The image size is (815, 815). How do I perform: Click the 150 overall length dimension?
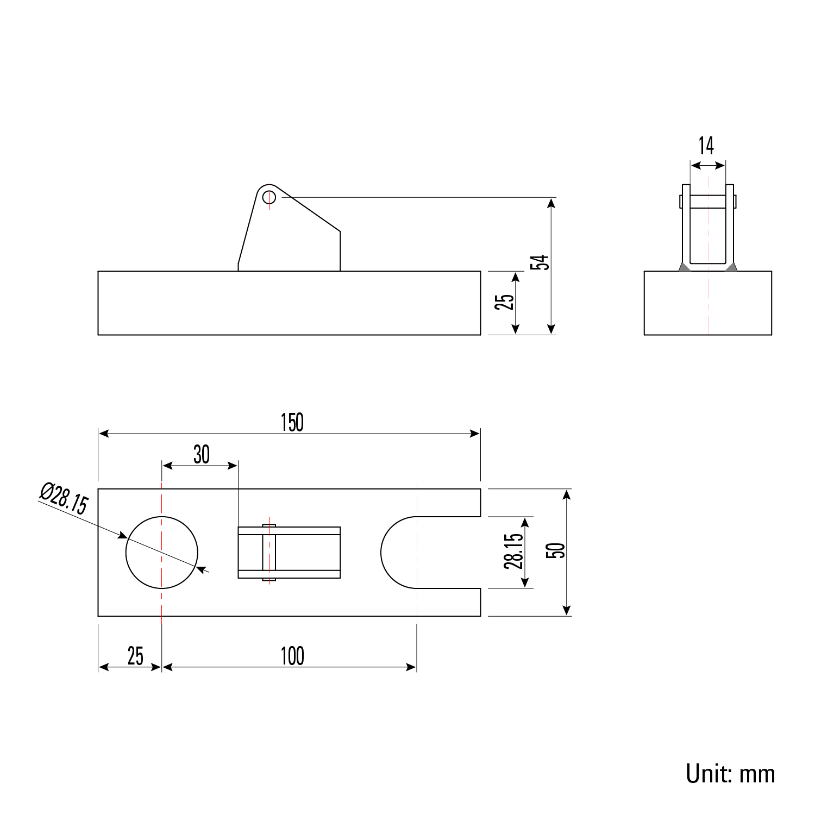coord(292,423)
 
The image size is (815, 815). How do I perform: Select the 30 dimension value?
coord(201,455)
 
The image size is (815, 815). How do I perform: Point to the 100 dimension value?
coord(292,656)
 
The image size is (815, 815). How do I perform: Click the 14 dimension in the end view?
coord(706,146)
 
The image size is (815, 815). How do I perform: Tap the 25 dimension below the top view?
coord(135,656)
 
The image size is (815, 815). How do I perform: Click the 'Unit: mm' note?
coord(730,773)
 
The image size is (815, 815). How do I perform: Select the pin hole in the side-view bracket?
coord(268,196)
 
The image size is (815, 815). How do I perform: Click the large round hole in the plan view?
coord(162,552)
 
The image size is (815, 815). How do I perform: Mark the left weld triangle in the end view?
coord(684,267)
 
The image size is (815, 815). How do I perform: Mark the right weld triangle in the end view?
coord(731,267)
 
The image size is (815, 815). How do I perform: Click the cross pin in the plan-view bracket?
coord(269,552)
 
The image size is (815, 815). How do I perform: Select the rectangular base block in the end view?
coord(707,303)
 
